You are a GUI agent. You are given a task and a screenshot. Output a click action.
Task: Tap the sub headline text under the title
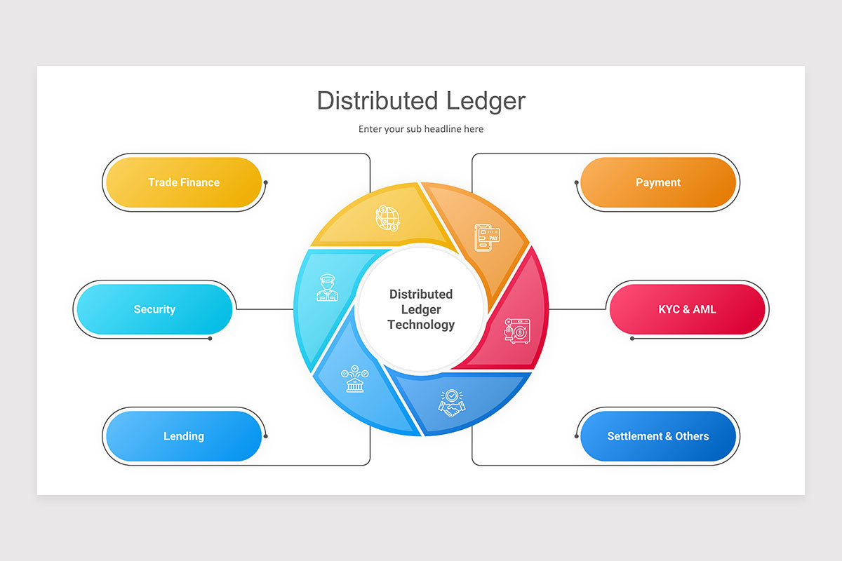(421, 129)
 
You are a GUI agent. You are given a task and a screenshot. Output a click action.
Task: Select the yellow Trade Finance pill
(183, 182)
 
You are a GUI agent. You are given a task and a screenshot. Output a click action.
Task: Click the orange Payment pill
(657, 182)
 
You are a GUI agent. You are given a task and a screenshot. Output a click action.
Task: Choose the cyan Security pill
(154, 309)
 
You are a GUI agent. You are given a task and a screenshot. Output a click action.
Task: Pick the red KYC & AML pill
(687, 309)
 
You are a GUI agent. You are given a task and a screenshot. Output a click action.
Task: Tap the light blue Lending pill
(183, 436)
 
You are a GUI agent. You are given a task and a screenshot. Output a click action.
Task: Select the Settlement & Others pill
(657, 436)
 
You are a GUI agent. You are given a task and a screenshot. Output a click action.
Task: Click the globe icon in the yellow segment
(387, 218)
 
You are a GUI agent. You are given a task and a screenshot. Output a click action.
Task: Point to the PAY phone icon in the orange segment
(487, 237)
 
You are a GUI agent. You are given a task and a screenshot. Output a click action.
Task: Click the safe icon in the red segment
(517, 331)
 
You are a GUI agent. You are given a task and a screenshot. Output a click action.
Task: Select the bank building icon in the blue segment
(354, 379)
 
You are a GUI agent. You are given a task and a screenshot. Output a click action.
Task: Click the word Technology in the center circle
(421, 325)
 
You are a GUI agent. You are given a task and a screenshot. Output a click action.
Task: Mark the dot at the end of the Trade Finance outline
(266, 182)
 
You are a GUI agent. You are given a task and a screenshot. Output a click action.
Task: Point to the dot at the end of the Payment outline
(577, 182)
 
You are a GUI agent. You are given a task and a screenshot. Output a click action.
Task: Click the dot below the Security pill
(210, 339)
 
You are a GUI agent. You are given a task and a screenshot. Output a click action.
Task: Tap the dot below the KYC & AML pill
(632, 339)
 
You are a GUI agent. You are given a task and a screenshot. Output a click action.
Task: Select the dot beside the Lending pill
(266, 436)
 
